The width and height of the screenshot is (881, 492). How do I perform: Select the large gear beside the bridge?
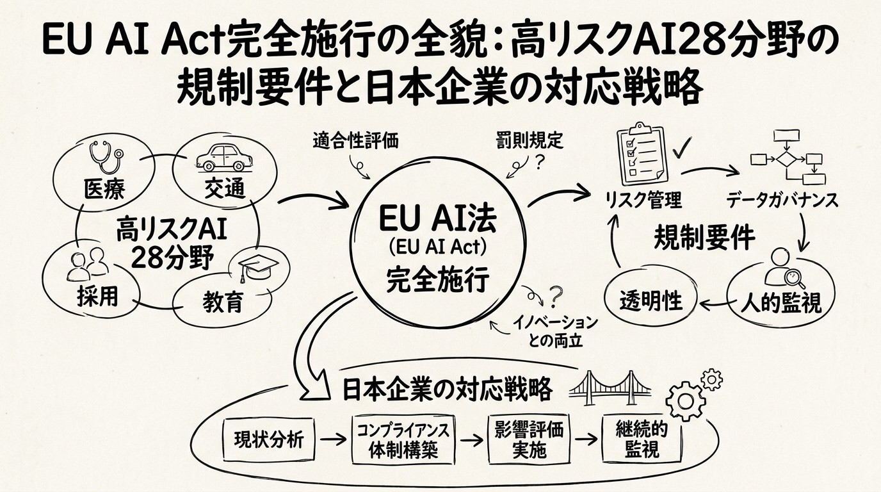click(686, 401)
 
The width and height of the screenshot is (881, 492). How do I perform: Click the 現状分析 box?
click(270, 440)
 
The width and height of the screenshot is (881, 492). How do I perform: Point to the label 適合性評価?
click(355, 140)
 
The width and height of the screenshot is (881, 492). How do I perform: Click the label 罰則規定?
click(529, 140)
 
